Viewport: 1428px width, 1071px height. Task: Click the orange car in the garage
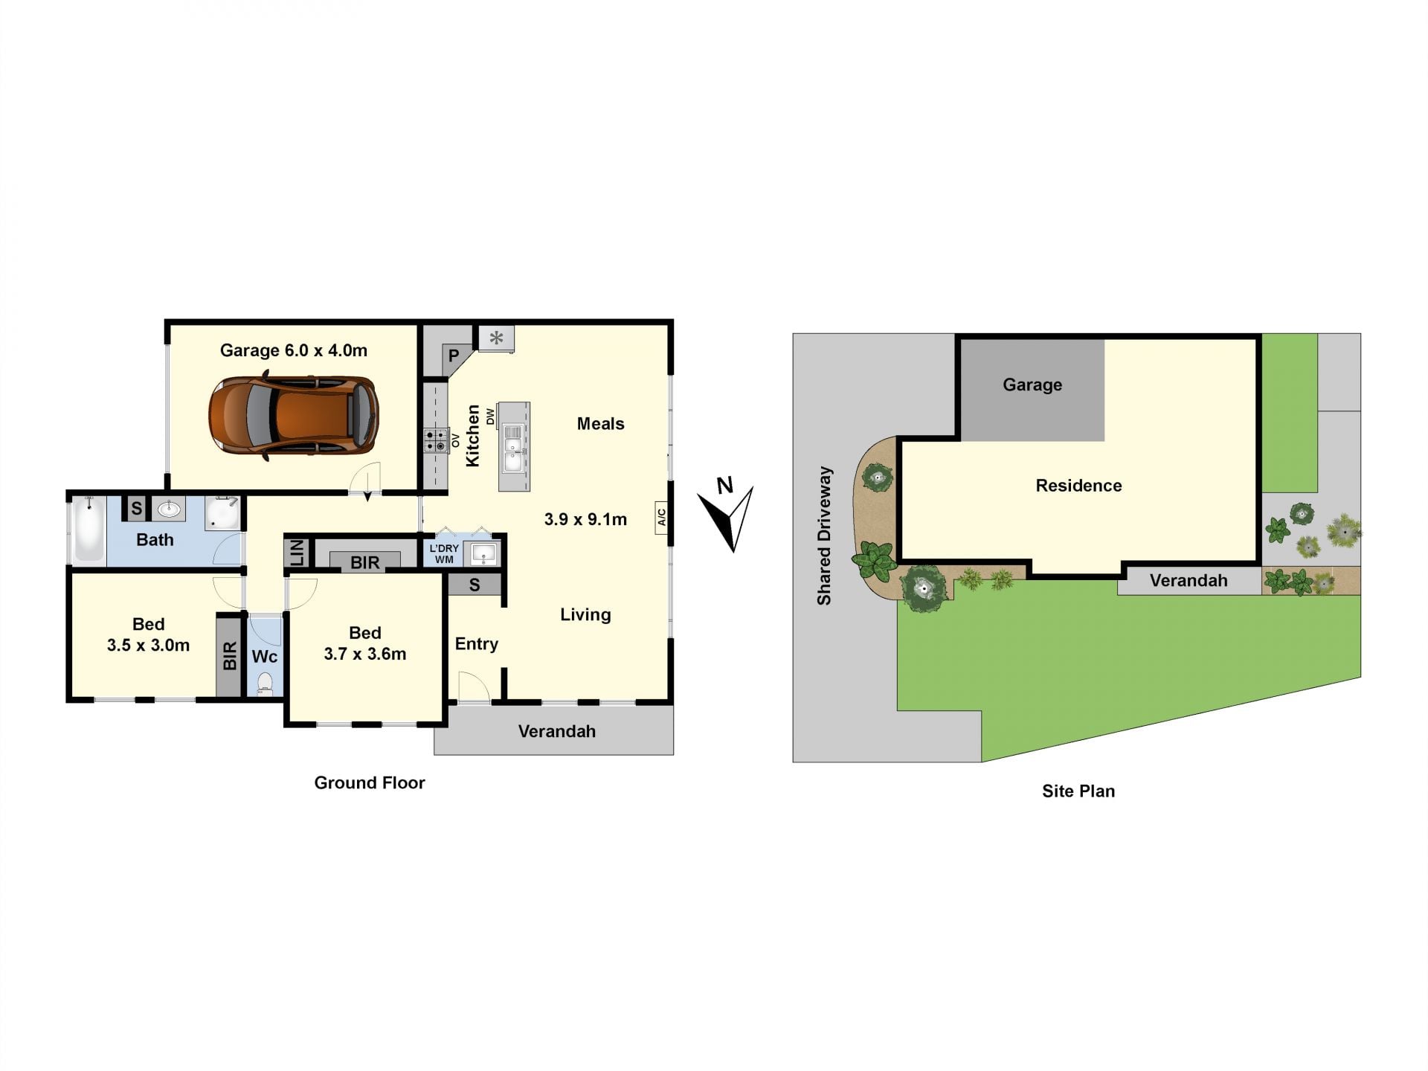pyautogui.click(x=294, y=416)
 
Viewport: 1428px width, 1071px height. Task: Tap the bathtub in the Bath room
pyautogui.click(x=89, y=529)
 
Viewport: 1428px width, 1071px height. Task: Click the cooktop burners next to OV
pyautogui.click(x=437, y=440)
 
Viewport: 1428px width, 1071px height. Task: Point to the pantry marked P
pyautogui.click(x=453, y=356)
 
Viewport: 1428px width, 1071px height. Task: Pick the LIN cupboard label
pyautogui.click(x=297, y=553)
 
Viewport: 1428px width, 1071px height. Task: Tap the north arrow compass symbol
pyautogui.click(x=727, y=515)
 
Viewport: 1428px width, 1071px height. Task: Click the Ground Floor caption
pyautogui.click(x=370, y=782)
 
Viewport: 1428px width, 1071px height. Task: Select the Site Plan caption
pyautogui.click(x=1078, y=791)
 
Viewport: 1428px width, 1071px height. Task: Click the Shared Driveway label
pyautogui.click(x=824, y=535)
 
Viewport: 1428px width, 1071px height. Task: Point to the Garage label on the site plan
pyautogui.click(x=1032, y=385)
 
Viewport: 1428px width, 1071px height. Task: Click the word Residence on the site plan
pyautogui.click(x=1078, y=486)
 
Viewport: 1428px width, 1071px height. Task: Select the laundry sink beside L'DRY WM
pyautogui.click(x=483, y=553)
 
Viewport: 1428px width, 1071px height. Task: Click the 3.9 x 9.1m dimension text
pyautogui.click(x=585, y=519)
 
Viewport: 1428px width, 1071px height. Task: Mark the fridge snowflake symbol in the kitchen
pyautogui.click(x=496, y=338)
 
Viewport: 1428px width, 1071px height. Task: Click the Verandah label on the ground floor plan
pyautogui.click(x=557, y=731)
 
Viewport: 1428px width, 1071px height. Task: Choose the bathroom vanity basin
pyautogui.click(x=170, y=509)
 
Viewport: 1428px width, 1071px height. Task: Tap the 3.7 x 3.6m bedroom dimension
pyautogui.click(x=364, y=654)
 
